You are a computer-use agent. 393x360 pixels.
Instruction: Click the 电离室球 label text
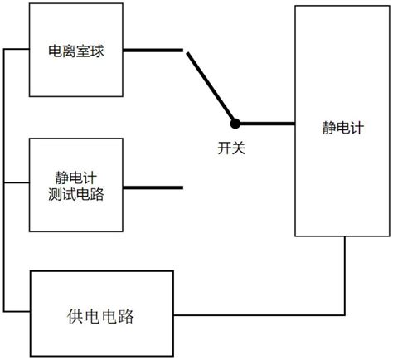(76, 51)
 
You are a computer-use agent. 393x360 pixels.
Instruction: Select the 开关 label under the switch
(231, 148)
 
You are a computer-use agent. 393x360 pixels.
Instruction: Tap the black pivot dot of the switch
(235, 124)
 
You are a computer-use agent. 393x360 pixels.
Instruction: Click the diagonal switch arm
(211, 87)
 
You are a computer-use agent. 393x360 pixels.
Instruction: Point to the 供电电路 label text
(101, 316)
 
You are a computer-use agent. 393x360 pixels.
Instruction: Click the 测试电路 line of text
(76, 194)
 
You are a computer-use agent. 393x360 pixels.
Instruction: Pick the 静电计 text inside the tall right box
(343, 128)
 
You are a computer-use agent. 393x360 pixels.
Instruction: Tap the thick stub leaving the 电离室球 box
(153, 51)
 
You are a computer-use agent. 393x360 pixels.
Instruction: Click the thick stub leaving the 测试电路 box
(153, 187)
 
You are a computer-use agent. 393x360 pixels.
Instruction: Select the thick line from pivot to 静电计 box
(267, 124)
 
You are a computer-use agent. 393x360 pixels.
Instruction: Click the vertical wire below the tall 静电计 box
(345, 275)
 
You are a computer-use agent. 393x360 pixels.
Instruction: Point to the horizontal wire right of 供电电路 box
(260, 315)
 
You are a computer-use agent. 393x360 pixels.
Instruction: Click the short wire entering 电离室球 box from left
(17, 49)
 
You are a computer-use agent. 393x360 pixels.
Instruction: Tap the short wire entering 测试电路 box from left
(17, 182)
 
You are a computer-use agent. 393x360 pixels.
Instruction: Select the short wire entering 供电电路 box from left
(17, 312)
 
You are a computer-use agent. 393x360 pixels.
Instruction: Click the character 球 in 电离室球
(97, 51)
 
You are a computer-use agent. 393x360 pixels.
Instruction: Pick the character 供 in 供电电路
(75, 316)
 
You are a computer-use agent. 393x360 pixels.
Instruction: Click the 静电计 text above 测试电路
(76, 178)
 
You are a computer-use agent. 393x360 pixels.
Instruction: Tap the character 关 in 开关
(239, 148)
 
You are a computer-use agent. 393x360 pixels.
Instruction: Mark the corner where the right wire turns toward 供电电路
(345, 315)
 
